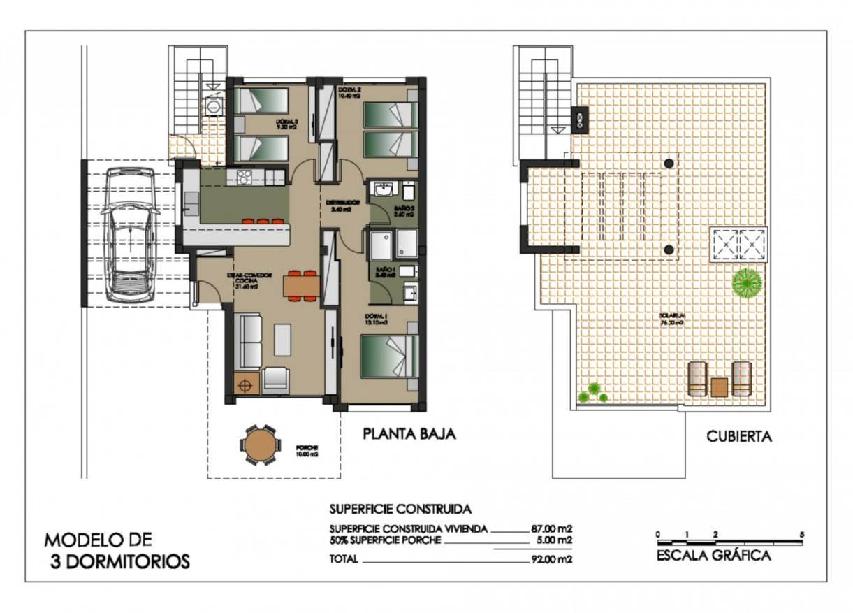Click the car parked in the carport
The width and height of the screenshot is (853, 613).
coord(129,235)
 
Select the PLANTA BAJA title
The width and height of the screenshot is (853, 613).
coord(409,434)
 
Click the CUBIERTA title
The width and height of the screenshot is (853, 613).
coord(738,437)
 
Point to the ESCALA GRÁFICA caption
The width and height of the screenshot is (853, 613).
coord(713,556)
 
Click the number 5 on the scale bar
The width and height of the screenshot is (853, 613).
coord(802,534)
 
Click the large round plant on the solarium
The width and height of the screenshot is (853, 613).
coord(746,283)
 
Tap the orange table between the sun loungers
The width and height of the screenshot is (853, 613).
coord(719,387)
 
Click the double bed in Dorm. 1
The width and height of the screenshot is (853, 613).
coord(389,356)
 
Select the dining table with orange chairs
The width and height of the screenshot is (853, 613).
coord(301,285)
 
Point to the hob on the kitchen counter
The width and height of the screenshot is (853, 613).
coord(244,178)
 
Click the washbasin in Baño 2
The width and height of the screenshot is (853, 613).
coord(383,190)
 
